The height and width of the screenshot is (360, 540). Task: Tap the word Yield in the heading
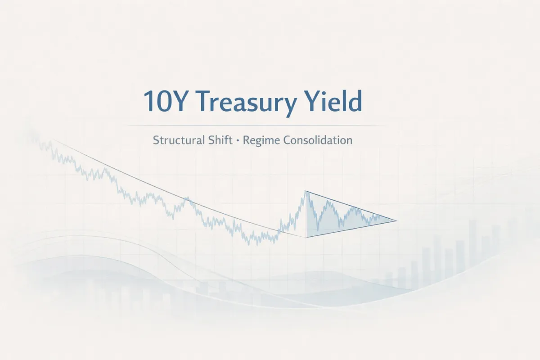[x=333, y=102]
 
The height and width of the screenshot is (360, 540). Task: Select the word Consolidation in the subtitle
[x=318, y=140]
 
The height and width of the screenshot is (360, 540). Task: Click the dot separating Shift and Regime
[x=237, y=140]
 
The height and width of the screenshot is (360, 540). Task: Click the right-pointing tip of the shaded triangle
[x=396, y=220]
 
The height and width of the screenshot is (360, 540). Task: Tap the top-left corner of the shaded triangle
[x=306, y=191]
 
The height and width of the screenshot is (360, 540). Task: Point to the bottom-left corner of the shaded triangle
[x=306, y=237]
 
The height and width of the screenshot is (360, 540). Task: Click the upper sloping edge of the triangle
[x=351, y=206]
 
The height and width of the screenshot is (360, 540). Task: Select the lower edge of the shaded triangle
[x=351, y=229]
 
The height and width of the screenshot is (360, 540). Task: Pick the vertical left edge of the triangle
[x=306, y=214]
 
